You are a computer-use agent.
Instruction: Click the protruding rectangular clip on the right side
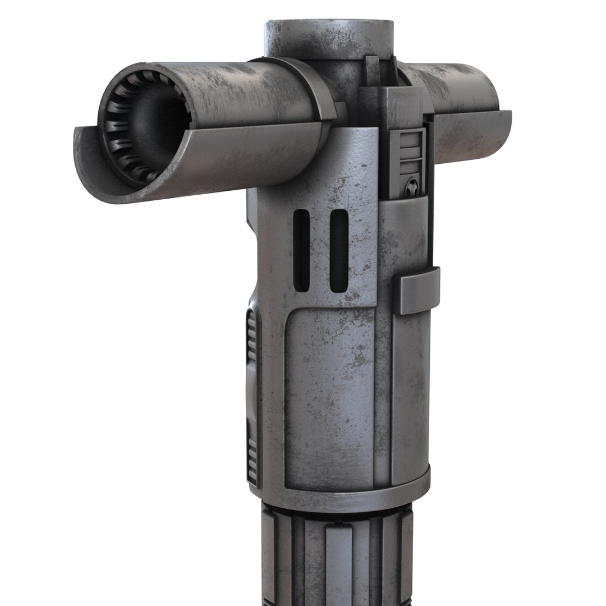click(x=419, y=290)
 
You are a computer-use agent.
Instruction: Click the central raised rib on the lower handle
click(x=337, y=561)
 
